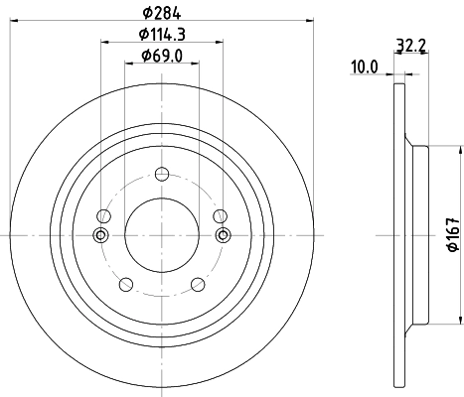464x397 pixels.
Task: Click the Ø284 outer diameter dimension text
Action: coord(161,12)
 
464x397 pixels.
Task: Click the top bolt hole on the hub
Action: coord(103,216)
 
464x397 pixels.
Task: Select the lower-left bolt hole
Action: coord(126,285)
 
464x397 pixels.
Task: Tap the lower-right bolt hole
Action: coord(197,285)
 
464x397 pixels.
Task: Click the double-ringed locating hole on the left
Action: coord(99,234)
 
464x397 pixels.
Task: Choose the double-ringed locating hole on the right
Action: coord(223,234)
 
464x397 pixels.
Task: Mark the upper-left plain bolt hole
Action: coord(103,216)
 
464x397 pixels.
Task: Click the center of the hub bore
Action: coord(161,234)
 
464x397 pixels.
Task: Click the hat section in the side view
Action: coord(417,234)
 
